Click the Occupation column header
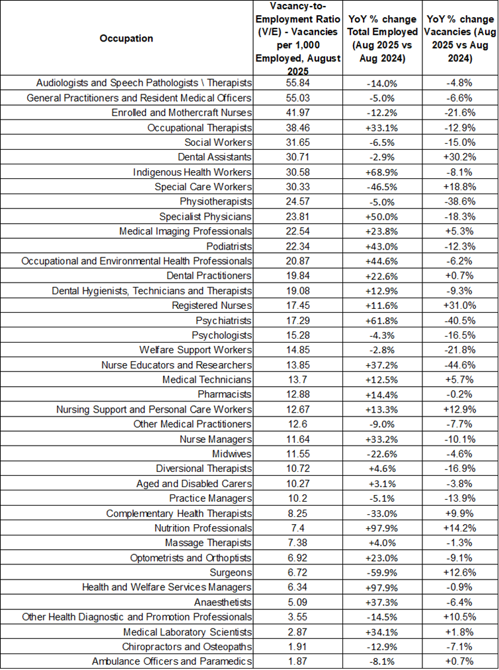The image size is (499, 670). [126, 38]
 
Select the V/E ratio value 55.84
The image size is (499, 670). [298, 83]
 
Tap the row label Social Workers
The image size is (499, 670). [218, 143]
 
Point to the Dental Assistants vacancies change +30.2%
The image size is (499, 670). [459, 157]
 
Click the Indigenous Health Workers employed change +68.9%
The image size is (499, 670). [382, 172]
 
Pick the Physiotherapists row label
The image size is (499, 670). [215, 202]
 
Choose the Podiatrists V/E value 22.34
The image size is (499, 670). [298, 247]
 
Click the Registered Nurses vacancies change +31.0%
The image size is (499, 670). [459, 306]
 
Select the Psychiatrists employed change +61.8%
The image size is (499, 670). [382, 320]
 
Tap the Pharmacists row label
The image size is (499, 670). [225, 394]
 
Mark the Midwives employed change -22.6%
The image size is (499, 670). [382, 453]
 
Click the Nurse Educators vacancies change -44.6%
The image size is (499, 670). [459, 365]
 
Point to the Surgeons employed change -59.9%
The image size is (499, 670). [382, 572]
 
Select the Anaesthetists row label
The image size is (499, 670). [223, 603]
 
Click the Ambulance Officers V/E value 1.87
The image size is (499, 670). [298, 661]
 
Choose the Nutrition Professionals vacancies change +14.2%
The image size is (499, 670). [459, 528]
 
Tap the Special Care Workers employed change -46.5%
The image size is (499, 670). [382, 187]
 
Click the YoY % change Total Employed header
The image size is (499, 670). [382, 38]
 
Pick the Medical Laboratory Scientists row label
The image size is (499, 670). [188, 632]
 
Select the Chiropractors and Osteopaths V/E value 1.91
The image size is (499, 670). [298, 647]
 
